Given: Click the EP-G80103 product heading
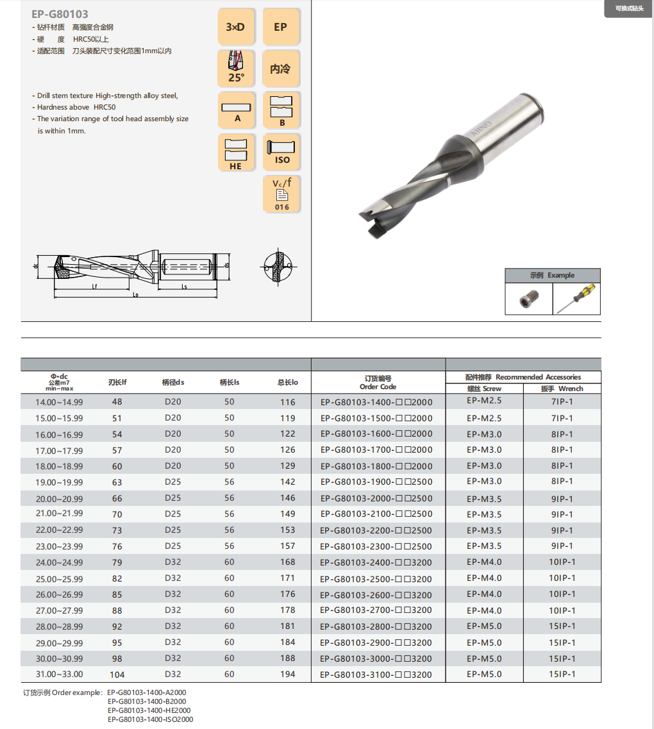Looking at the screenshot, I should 60,13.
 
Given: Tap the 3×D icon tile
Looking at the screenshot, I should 236,27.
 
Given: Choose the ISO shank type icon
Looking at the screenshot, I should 281,152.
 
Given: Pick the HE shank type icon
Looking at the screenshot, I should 236,152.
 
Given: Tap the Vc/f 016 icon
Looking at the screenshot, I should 281,194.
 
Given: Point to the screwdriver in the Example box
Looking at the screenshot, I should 576,299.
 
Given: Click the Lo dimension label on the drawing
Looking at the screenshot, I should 135,295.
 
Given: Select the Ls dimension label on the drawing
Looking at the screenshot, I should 184,287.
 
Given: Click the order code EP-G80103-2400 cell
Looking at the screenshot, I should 376,562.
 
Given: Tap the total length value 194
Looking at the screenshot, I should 287,674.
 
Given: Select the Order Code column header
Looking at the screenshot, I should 378,383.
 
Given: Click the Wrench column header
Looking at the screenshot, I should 562,389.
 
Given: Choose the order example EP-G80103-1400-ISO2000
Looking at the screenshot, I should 150,719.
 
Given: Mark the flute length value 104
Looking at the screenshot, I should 117,675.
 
